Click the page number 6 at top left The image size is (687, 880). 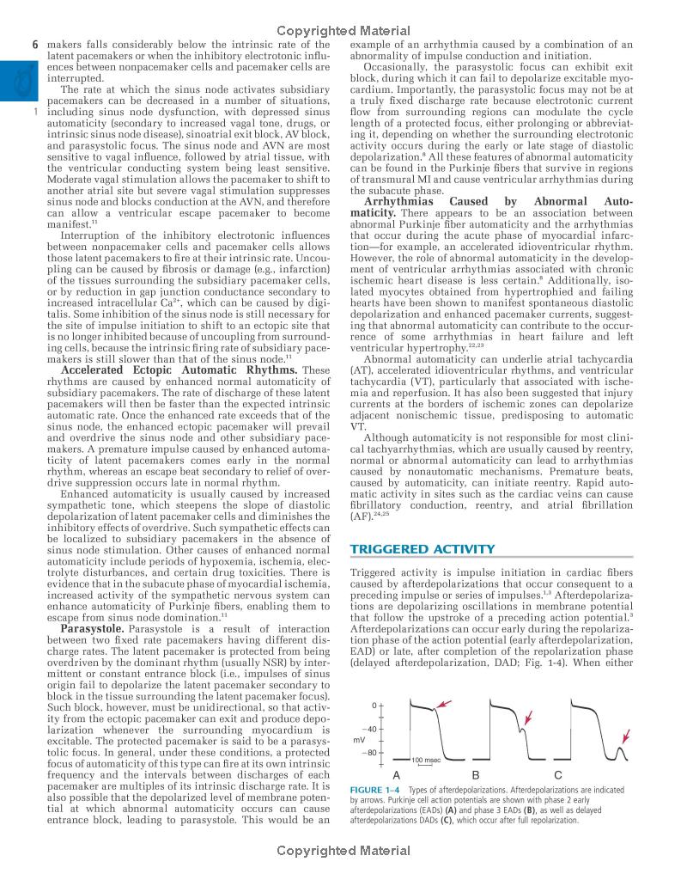click(34, 44)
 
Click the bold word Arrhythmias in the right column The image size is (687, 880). click(402, 201)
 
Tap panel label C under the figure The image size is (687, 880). click(558, 775)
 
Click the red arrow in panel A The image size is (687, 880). click(442, 705)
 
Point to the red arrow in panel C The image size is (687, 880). click(626, 736)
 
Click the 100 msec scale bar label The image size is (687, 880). click(428, 760)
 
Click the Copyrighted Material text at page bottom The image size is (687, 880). click(343, 851)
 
